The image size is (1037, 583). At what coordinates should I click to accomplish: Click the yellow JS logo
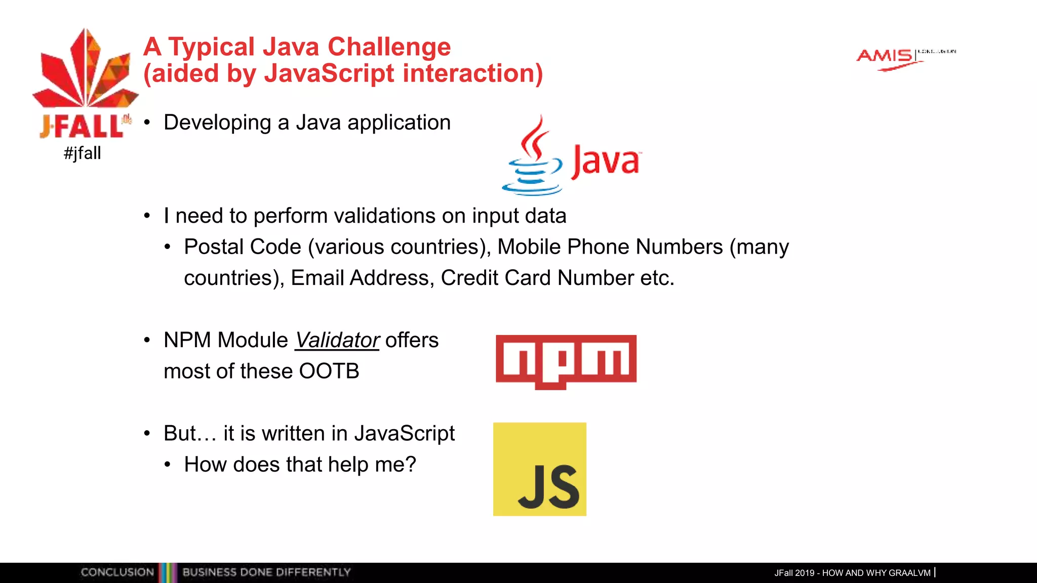point(540,469)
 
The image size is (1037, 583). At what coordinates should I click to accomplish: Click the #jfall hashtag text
point(83,153)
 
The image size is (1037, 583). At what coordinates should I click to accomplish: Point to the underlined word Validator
point(337,340)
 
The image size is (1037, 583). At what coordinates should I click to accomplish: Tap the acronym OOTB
point(329,371)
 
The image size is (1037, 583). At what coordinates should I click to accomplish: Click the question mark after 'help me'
point(410,464)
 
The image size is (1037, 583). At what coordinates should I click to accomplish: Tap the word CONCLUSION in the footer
point(117,572)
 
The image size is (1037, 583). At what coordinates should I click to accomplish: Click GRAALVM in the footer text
point(909,573)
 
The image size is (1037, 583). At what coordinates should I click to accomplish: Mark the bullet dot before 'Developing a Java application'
point(147,123)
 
